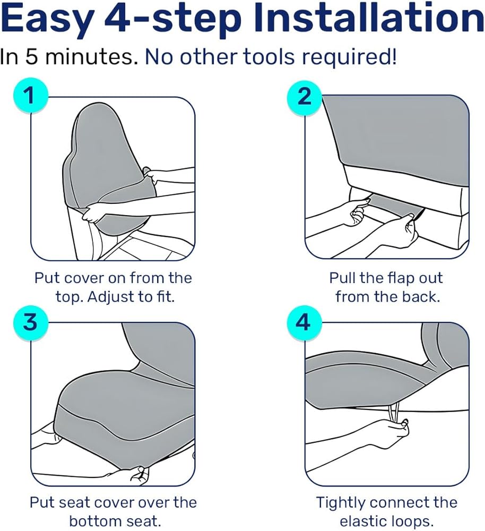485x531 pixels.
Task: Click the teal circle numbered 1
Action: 30,96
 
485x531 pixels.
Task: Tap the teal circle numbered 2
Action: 304,97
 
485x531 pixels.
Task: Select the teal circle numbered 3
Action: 30,322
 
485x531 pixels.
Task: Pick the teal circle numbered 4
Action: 303,322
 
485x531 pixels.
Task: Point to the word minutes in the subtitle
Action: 90,56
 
